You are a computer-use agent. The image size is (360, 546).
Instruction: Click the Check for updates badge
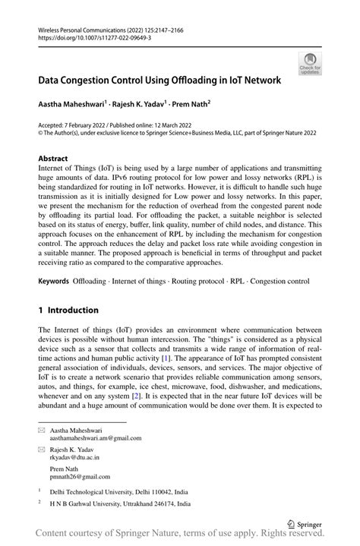pyautogui.click(x=310, y=63)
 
